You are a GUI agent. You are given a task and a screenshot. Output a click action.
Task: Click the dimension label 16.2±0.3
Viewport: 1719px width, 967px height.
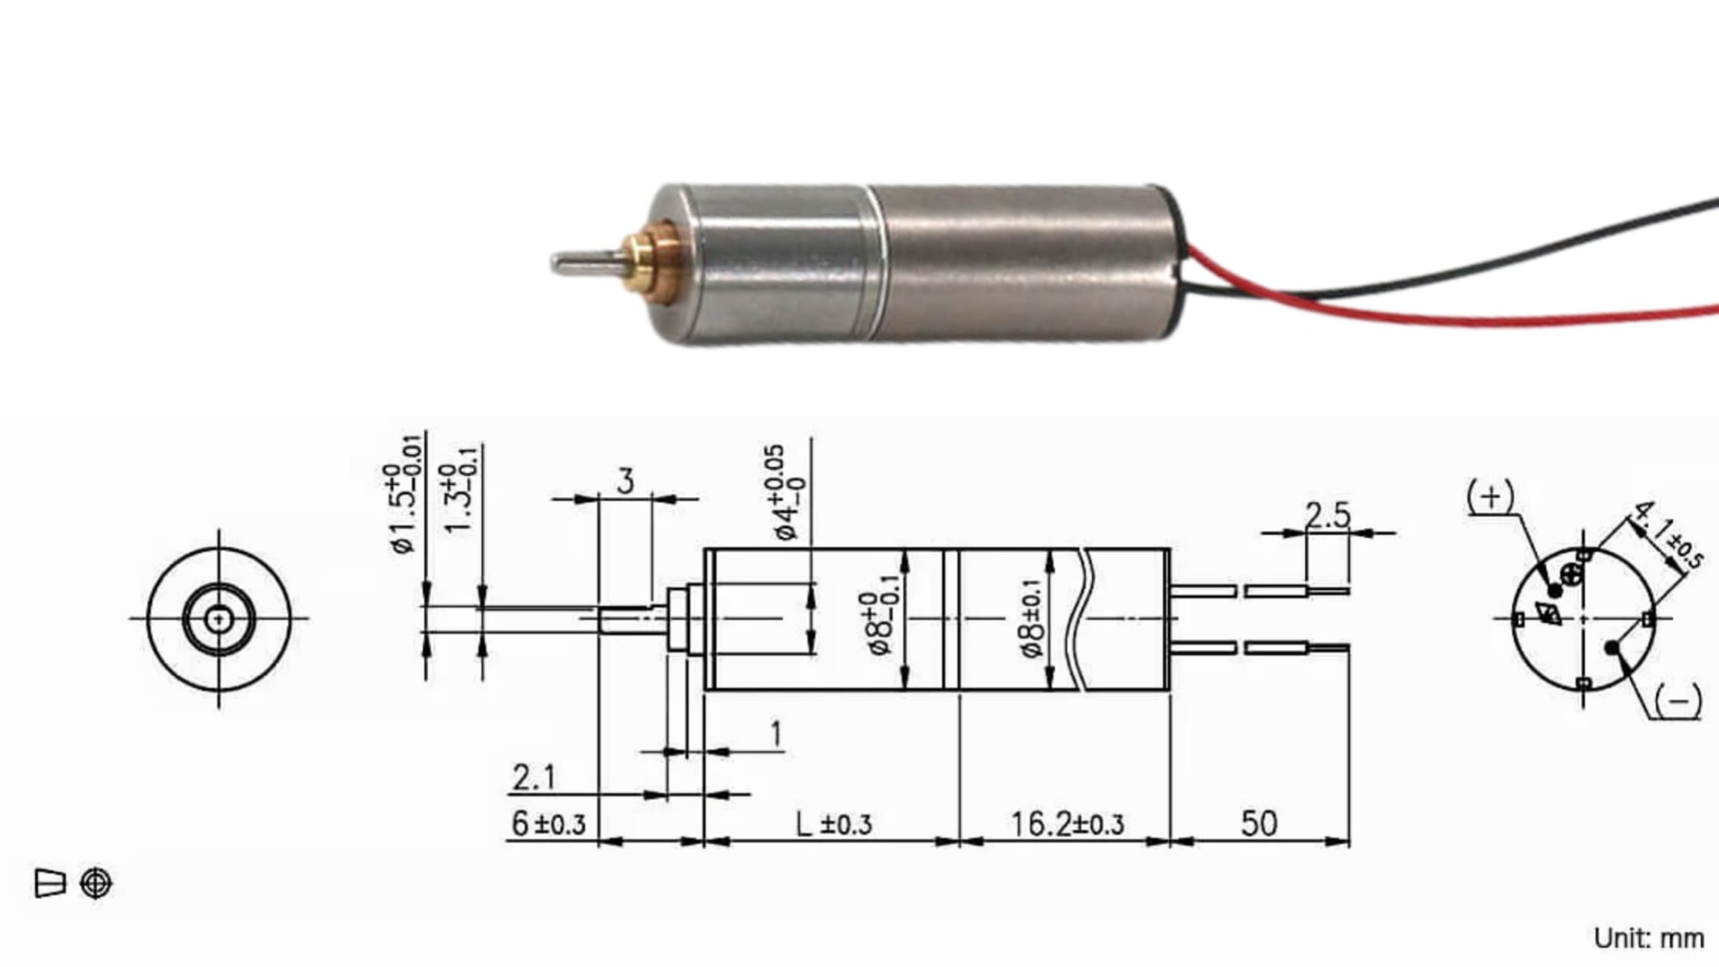[1067, 824]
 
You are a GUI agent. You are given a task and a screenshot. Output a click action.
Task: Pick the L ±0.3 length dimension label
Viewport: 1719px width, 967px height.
[834, 824]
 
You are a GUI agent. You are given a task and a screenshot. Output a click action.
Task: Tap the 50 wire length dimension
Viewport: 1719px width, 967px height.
[1259, 824]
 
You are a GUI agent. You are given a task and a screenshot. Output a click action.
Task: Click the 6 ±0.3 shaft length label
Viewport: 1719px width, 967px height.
[548, 824]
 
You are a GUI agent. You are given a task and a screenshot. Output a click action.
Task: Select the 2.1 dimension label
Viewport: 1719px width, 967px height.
[534, 778]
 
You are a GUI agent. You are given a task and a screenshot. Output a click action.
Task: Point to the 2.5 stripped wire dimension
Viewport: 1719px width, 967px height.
[1328, 516]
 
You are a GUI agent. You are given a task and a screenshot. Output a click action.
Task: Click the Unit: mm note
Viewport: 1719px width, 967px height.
[1648, 938]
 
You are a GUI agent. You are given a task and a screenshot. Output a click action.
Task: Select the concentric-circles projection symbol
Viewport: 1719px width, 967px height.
[96, 883]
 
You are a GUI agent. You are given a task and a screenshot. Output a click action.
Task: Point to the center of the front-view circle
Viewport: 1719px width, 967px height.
[218, 618]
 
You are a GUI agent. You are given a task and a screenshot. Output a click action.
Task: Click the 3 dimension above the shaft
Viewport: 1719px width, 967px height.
[625, 482]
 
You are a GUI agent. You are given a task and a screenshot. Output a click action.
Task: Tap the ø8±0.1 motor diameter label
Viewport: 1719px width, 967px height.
[1033, 619]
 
